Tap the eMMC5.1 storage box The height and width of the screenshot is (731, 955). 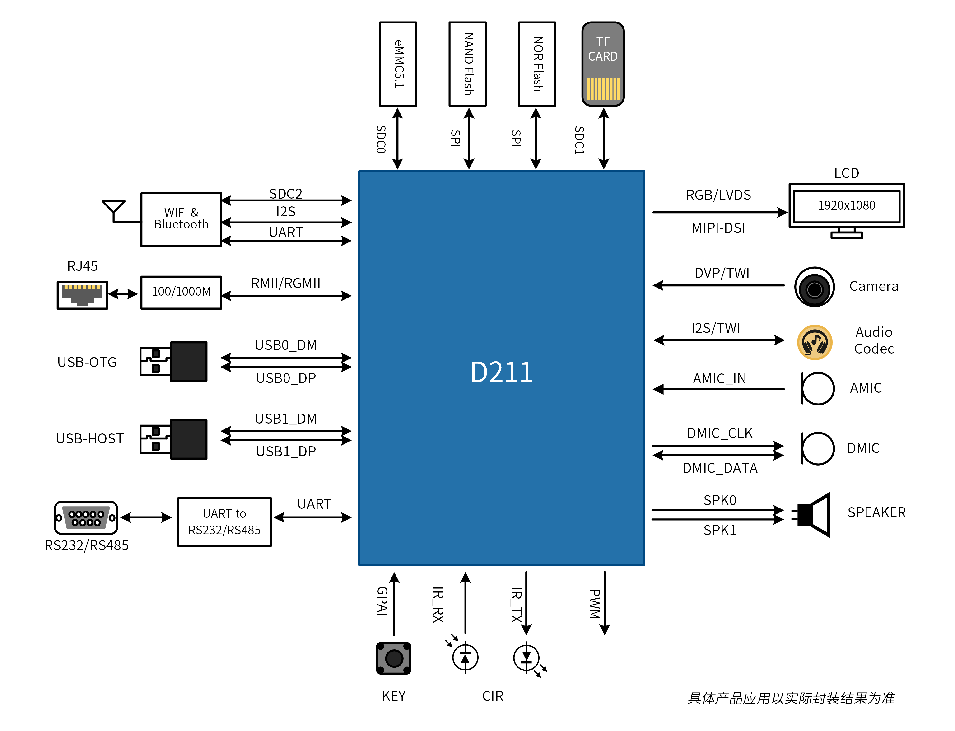click(x=398, y=64)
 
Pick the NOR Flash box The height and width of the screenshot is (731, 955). click(x=537, y=64)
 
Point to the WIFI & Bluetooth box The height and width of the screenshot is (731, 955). click(x=181, y=219)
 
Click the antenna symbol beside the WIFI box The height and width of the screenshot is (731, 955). click(x=114, y=208)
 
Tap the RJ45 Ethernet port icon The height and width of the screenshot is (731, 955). click(x=82, y=295)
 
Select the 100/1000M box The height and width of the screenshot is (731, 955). click(x=181, y=292)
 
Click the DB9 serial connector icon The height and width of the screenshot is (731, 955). click(x=86, y=517)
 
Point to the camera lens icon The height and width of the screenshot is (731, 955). click(x=814, y=287)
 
